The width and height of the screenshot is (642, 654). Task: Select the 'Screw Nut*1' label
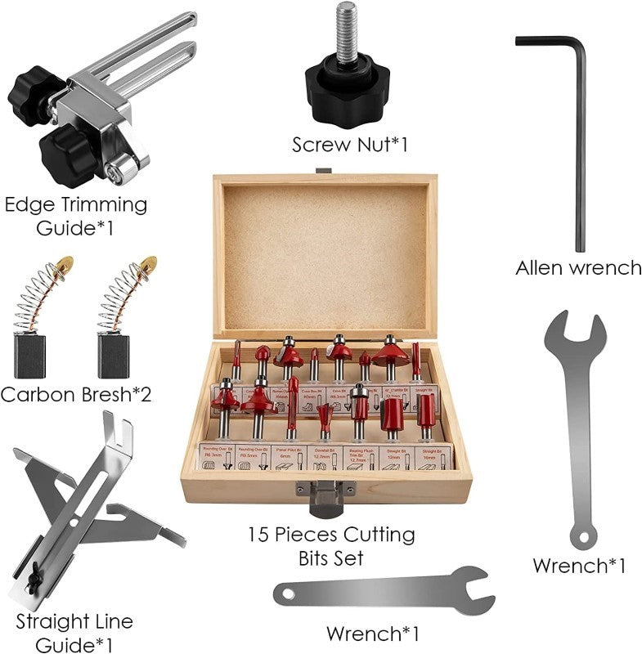pyautogui.click(x=349, y=145)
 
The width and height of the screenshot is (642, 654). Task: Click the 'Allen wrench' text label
pyautogui.click(x=578, y=267)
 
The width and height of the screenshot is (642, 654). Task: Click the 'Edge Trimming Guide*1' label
pyautogui.click(x=75, y=215)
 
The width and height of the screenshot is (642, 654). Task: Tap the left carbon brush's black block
pyautogui.click(x=29, y=356)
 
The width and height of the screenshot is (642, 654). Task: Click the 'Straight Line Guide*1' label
pyautogui.click(x=74, y=633)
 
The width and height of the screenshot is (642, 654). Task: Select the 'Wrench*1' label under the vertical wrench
pyautogui.click(x=579, y=565)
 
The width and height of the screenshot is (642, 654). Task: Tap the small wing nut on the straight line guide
pyautogui.click(x=34, y=580)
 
